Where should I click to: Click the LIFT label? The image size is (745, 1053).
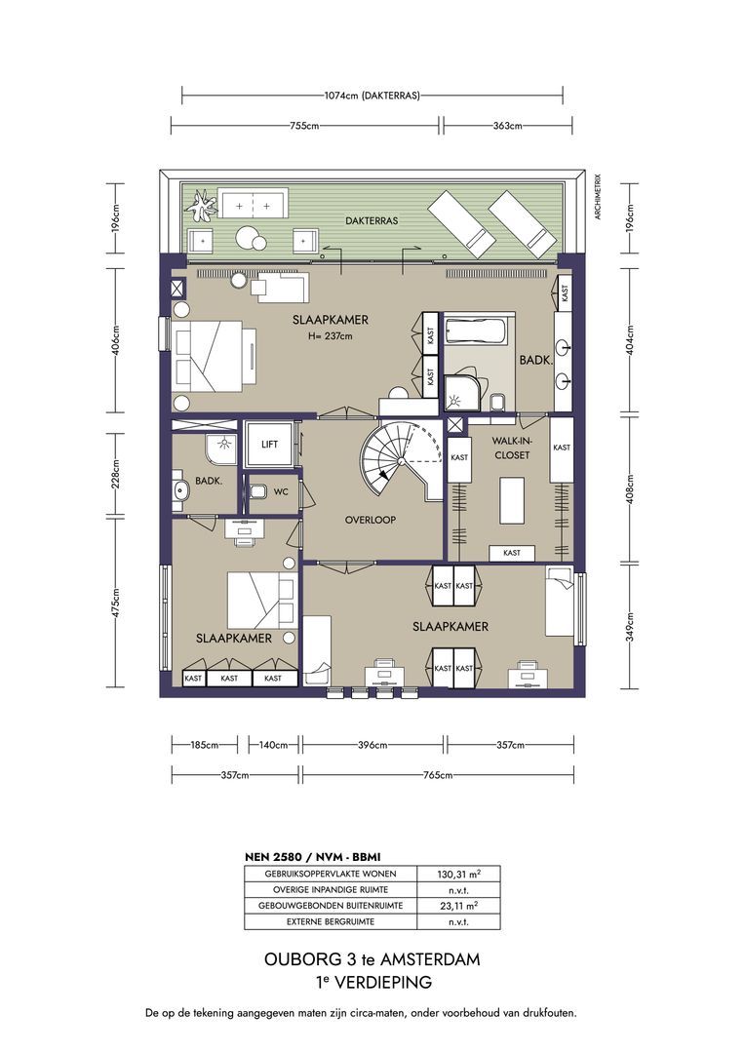click(269, 444)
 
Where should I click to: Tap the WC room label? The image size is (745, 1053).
click(281, 491)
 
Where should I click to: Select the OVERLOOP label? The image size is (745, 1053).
click(371, 520)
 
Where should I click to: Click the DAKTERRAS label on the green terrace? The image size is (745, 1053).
click(372, 220)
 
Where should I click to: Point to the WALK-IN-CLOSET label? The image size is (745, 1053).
click(511, 448)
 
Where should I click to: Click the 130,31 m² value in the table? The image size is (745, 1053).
click(458, 874)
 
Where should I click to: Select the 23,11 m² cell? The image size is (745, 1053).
click(458, 905)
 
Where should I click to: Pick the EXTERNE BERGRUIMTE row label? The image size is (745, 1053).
click(331, 921)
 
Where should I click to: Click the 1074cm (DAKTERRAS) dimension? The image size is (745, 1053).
click(372, 96)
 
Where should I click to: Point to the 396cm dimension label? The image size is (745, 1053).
click(372, 745)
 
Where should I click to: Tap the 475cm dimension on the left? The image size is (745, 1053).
click(115, 604)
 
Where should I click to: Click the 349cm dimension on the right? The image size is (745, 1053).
click(630, 627)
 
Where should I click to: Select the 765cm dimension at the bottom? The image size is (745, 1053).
click(437, 775)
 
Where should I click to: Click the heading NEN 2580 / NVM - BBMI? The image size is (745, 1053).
click(312, 857)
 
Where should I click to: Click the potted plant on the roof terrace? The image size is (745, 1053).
click(202, 206)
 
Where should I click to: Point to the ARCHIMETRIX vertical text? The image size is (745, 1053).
click(597, 197)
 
